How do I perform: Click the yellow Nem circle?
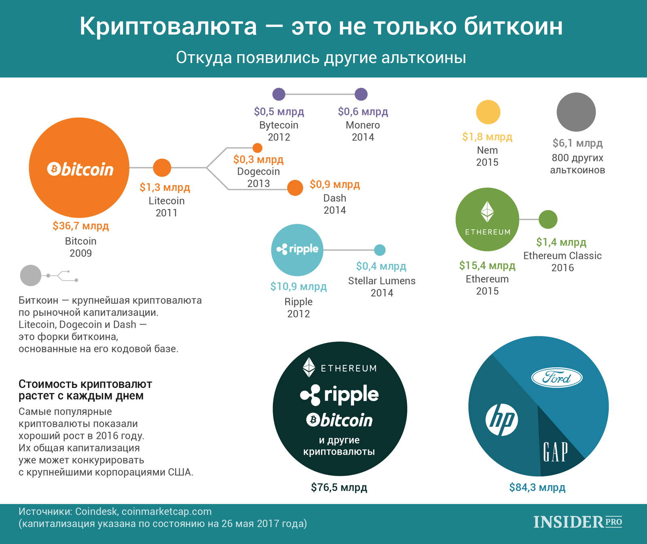488,112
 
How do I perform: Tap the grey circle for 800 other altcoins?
576,112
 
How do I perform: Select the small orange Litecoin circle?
162,168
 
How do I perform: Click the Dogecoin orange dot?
257,148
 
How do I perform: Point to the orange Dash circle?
295,188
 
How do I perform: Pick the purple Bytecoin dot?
279,94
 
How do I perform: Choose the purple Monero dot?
361,94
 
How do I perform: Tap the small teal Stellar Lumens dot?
380,250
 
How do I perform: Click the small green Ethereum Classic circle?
548,219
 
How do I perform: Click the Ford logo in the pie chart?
556,378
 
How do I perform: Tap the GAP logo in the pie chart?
555,452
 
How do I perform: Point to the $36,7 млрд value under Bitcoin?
81,226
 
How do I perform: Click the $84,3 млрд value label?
537,487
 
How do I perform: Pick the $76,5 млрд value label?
339,487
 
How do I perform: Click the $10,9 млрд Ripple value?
298,287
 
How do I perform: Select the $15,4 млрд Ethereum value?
487,266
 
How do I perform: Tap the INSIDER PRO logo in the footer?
577,522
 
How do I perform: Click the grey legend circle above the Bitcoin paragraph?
31,276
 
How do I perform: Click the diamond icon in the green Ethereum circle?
487,211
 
